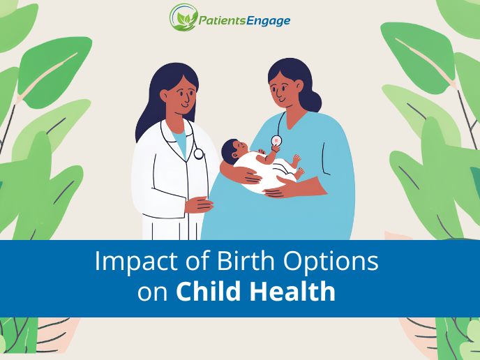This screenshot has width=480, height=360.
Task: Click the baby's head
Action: pos(232,149)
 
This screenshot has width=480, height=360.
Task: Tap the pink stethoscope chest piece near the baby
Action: pos(277,140)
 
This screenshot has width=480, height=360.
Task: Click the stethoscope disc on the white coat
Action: pos(199,153)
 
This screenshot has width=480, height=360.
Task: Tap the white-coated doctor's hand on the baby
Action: pos(197,204)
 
